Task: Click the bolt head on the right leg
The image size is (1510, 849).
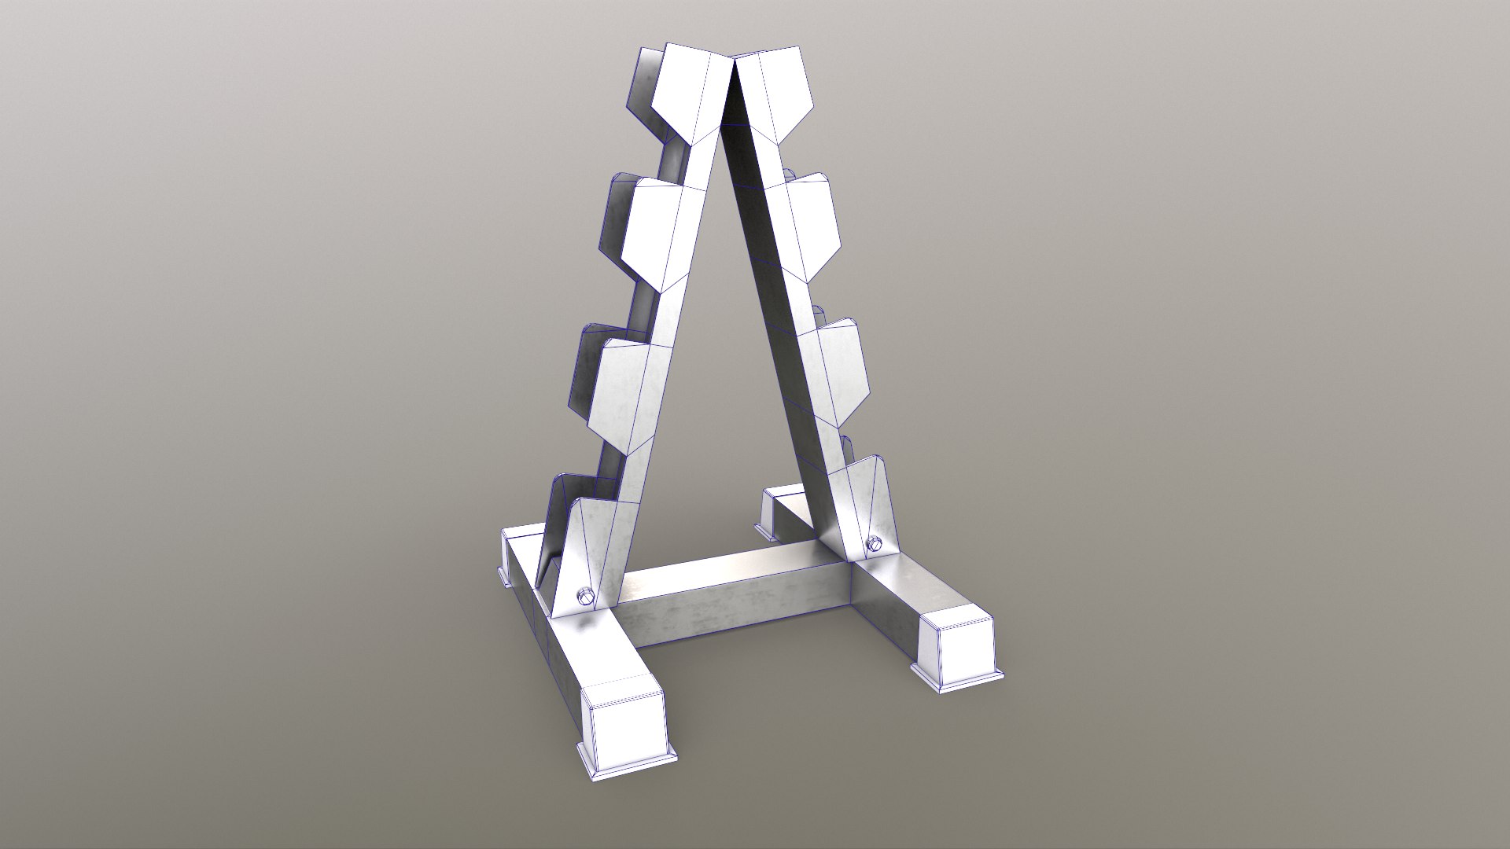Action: [x=875, y=543]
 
